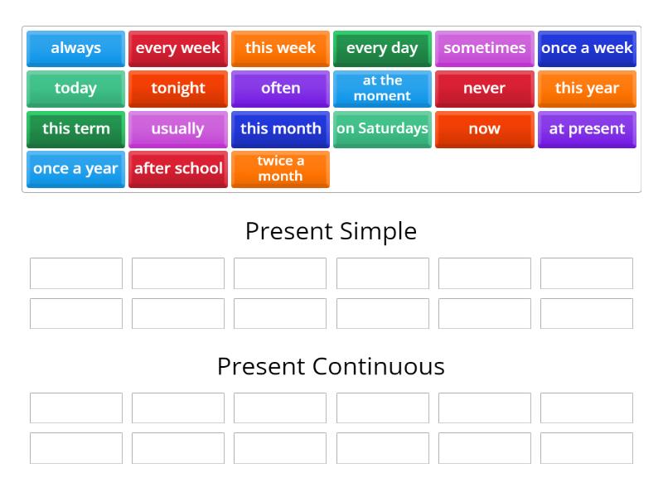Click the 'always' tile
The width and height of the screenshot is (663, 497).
tap(75, 48)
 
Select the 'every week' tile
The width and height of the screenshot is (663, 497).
tap(177, 48)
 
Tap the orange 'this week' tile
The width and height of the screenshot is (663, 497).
tap(280, 48)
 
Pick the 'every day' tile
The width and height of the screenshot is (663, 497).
tap(382, 48)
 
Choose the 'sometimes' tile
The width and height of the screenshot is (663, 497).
tap(484, 48)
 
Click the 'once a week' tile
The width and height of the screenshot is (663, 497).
tap(587, 48)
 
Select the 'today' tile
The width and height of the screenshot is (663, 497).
tap(75, 88)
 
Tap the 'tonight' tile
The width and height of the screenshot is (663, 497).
tap(177, 88)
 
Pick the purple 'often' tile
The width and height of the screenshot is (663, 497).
tap(280, 88)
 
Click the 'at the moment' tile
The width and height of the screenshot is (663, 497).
tap(382, 88)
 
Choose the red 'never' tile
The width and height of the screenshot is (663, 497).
tap(484, 88)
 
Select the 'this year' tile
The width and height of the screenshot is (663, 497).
tap(587, 88)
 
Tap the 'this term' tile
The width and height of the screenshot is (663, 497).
tap(75, 128)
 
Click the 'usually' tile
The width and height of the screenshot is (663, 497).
tap(177, 128)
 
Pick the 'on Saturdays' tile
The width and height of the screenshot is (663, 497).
tap(382, 128)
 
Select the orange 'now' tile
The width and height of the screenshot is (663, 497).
tap(484, 128)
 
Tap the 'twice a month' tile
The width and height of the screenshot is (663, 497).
tap(280, 168)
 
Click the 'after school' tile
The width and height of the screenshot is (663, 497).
tap(177, 168)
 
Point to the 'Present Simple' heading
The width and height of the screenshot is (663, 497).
tap(331, 231)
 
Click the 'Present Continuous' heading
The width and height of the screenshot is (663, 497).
tap(331, 366)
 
